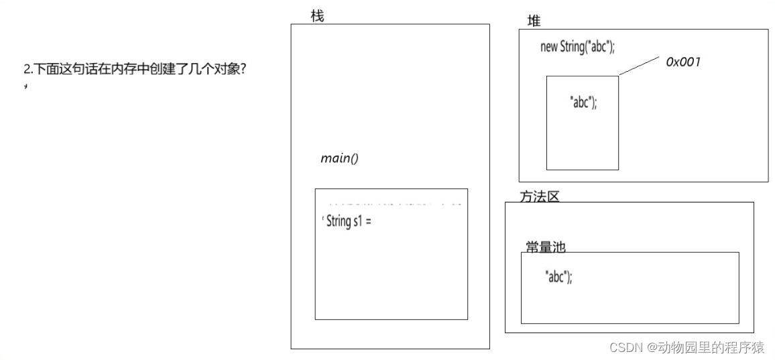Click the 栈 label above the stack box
(317, 16)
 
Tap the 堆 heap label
(534, 21)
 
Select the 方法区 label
(539, 196)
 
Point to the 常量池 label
(545, 247)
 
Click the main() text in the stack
(339, 158)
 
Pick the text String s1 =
(348, 221)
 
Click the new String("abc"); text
(577, 47)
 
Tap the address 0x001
(682, 62)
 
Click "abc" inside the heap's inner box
(583, 102)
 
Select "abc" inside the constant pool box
(558, 276)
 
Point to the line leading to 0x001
(639, 65)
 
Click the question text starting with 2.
(134, 69)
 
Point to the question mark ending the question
(242, 69)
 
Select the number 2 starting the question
(27, 69)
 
